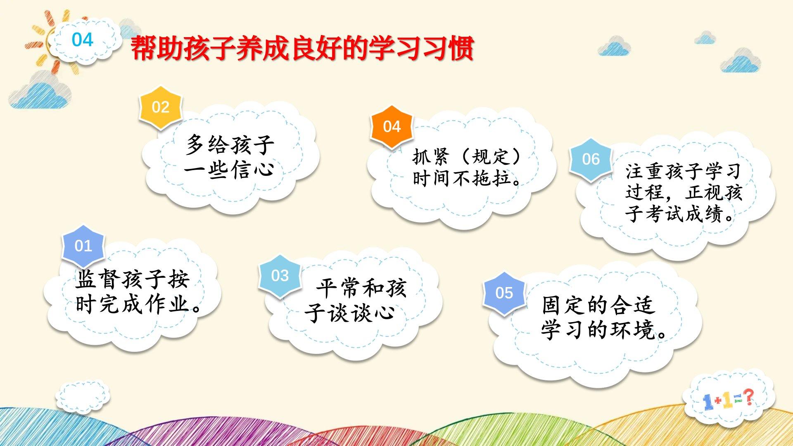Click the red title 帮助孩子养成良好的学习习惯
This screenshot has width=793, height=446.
(302, 49)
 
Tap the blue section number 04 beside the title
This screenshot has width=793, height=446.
(83, 40)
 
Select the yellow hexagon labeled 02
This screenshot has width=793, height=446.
(161, 107)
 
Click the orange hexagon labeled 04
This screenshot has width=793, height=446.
(392, 127)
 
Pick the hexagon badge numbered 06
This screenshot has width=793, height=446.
(591, 159)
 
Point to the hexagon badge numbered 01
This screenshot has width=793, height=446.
(83, 246)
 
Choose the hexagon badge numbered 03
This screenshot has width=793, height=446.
(280, 275)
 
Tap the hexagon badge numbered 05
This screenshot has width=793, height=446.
(504, 293)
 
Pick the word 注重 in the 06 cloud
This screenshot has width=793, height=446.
(644, 171)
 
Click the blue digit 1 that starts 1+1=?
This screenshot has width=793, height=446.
(708, 401)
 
